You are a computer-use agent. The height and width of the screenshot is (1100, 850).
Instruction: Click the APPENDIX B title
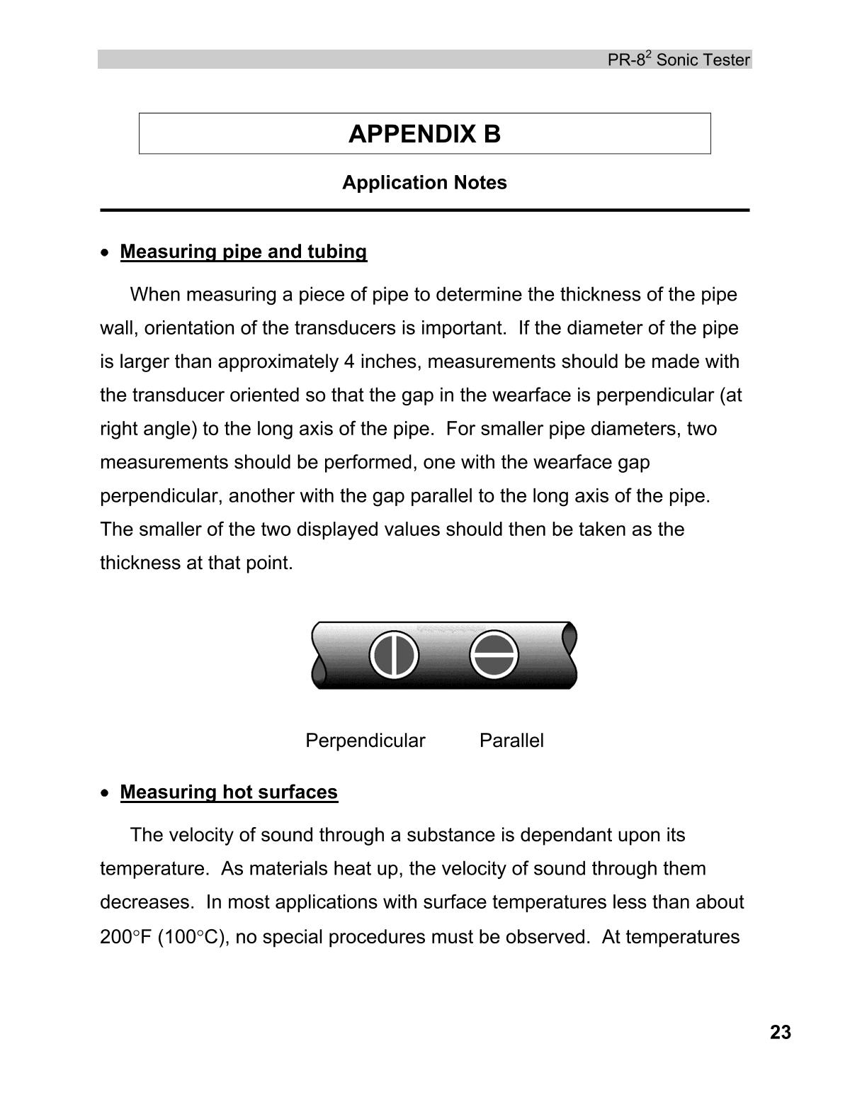coord(424,134)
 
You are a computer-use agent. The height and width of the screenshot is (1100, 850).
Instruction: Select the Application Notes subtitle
coord(424,183)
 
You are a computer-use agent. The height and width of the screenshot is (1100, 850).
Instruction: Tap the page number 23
coord(780,1033)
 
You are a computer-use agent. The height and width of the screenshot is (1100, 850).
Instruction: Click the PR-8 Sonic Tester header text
coord(678,60)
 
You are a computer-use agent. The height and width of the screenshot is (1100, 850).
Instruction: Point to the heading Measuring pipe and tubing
coord(243,252)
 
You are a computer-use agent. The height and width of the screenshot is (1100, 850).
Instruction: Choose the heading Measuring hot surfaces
coord(229,792)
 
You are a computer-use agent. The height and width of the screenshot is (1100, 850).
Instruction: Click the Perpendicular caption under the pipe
coord(365,741)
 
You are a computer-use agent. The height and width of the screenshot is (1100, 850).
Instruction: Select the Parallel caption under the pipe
coord(511,741)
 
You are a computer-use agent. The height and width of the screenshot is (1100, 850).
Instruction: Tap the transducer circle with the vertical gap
coord(394,654)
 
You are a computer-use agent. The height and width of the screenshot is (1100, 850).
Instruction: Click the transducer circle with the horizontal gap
coord(494,654)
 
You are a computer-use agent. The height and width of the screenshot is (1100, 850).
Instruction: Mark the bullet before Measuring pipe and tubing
coord(106,252)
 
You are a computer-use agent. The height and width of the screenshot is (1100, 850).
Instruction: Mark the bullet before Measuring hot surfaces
coord(106,792)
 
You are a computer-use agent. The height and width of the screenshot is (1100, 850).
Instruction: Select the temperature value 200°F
coord(126,937)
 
